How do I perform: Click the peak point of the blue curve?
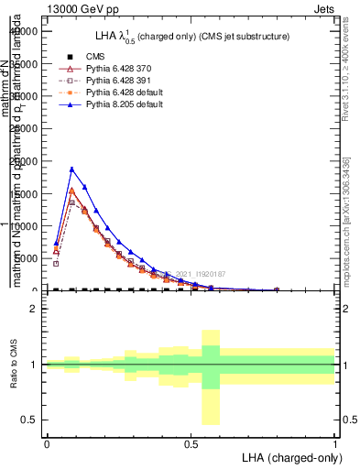[x=71, y=169]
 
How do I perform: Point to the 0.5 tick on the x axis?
[x=191, y=444]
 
